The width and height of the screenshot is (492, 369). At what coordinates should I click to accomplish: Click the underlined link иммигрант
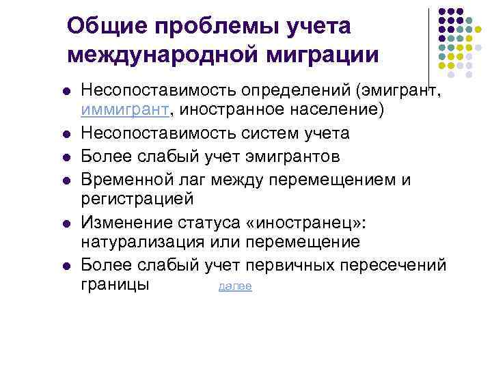[126, 108]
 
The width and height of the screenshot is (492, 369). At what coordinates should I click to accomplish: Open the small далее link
[235, 286]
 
